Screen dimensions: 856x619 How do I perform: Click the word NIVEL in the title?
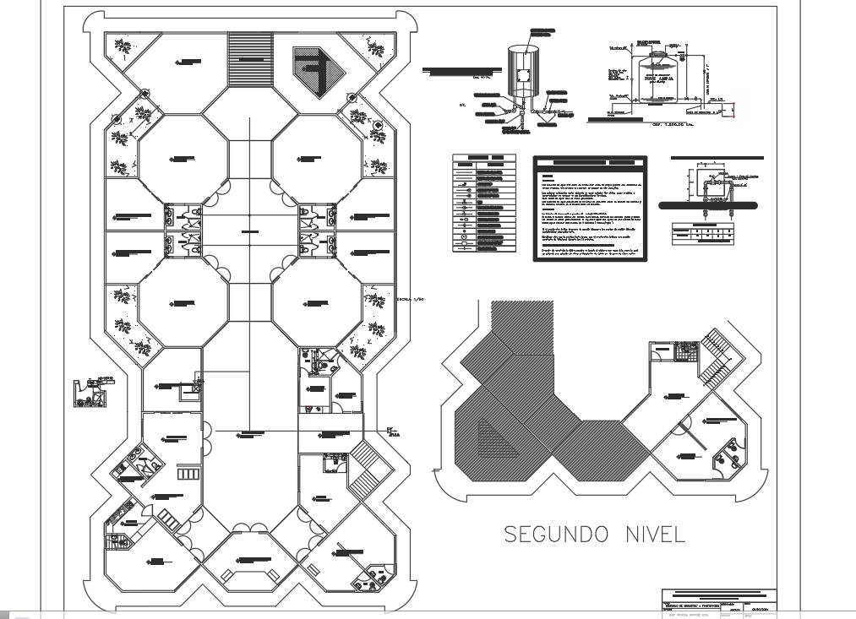tap(652, 534)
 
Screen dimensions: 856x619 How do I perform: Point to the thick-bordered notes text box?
tap(590, 209)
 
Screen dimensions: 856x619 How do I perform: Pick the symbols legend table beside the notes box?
tap(484, 204)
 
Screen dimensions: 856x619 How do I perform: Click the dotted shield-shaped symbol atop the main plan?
tap(319, 71)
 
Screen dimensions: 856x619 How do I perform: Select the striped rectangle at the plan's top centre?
tap(251, 58)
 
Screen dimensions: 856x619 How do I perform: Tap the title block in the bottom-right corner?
tap(717, 600)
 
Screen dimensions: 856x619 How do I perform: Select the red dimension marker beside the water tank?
tap(733, 109)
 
